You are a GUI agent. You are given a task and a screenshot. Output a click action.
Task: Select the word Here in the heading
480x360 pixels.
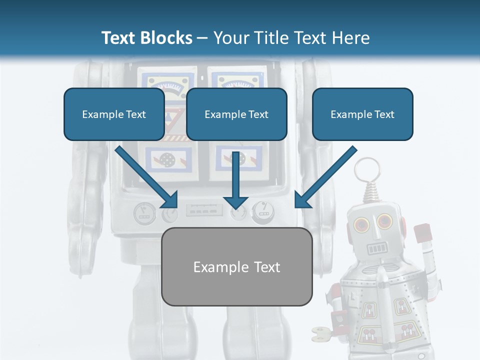tap(350, 38)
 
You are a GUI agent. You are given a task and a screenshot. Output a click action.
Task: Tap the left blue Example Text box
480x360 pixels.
tap(114, 114)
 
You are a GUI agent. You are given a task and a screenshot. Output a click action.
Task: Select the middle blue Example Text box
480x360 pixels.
tap(236, 114)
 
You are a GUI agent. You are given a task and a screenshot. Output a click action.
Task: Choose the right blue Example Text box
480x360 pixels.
tap(362, 114)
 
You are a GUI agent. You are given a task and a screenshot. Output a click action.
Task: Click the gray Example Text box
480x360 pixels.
tap(237, 266)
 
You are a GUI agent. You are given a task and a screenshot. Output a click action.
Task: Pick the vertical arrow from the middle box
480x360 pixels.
tap(235, 180)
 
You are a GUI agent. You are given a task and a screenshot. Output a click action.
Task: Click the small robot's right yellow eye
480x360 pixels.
tap(384, 220)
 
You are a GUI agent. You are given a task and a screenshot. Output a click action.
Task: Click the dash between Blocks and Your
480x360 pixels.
tap(202, 38)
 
